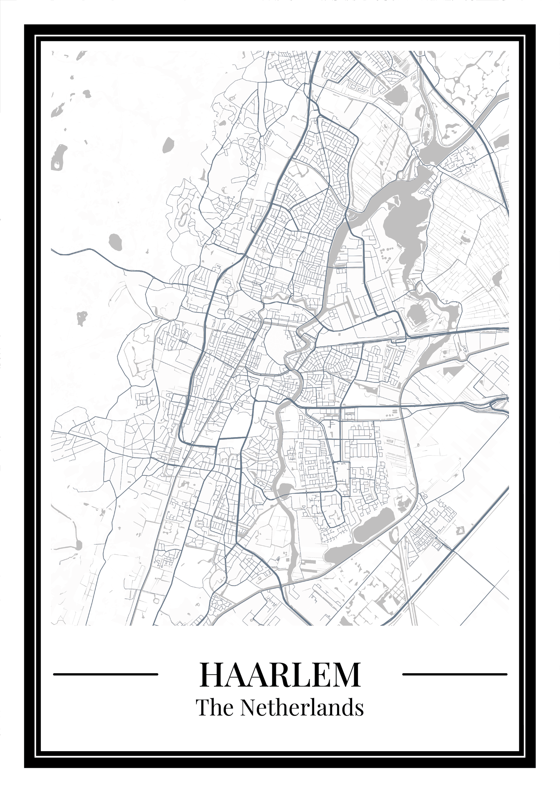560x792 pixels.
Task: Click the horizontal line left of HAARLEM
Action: [106, 674]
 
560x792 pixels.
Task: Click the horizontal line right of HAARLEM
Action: [454, 674]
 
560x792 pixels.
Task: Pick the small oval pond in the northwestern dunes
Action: [168, 144]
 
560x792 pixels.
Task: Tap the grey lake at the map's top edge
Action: [395, 92]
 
